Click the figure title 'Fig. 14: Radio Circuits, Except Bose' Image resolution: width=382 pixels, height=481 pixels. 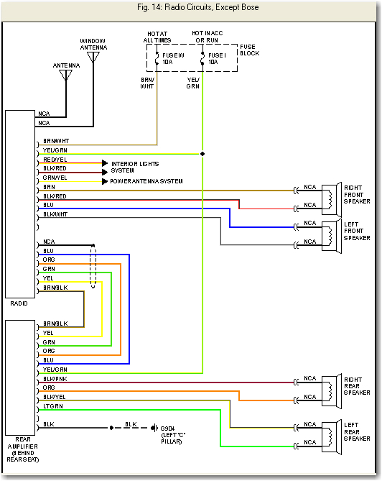tap(191, 7)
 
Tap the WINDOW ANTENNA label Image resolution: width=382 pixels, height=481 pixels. tap(93, 44)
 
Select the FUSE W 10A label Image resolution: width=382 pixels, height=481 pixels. tap(174, 58)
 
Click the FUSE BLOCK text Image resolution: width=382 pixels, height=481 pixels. tap(250, 50)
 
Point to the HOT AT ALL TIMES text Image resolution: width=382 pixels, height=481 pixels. tap(158, 37)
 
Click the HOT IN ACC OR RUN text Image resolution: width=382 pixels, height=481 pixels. tap(207, 37)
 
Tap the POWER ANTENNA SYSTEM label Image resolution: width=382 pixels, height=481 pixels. tap(146, 181)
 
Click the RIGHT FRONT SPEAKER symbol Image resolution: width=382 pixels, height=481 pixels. tap(331, 198)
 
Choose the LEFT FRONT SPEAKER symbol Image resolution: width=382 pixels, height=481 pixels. tap(331, 234)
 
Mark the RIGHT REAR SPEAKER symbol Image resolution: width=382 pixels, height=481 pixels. tap(331, 389)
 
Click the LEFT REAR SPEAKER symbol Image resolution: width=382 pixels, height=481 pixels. tap(331, 434)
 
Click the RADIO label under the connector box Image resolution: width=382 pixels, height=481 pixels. tap(19, 303)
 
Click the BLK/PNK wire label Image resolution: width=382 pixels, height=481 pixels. tap(55, 378)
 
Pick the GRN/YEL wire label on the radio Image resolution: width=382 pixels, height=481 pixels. tap(55, 177)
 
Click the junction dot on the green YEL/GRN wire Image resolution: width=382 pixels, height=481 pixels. tap(202, 153)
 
